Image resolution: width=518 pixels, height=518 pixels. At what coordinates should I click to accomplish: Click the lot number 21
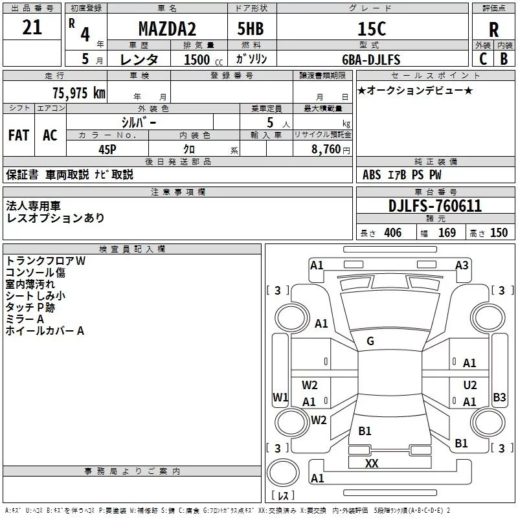(32, 28)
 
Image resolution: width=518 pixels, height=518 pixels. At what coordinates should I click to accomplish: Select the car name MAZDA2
(168, 29)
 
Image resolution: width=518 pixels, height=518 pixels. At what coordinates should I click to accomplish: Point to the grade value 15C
(371, 29)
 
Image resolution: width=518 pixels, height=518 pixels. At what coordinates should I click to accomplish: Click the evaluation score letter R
(494, 30)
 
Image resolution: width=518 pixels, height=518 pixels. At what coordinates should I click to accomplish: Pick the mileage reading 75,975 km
(78, 93)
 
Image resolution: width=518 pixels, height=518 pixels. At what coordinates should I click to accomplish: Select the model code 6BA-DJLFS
(371, 60)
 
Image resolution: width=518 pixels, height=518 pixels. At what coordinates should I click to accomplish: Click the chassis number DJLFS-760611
(435, 206)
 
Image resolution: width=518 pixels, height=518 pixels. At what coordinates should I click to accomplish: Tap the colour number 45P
(107, 148)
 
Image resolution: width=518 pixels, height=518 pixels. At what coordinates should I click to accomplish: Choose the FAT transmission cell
(19, 135)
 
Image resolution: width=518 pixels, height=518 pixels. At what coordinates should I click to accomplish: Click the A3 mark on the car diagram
(462, 265)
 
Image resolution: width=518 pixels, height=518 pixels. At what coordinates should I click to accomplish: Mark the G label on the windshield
(370, 341)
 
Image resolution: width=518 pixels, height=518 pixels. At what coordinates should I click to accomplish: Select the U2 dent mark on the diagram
(470, 385)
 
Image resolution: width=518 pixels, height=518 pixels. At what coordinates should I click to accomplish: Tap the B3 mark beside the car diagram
(499, 397)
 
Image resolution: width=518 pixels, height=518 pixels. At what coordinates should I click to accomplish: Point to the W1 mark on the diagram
(280, 397)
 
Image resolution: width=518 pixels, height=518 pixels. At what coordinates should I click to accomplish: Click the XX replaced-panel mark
(372, 464)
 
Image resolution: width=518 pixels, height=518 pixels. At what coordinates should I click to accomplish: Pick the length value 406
(392, 233)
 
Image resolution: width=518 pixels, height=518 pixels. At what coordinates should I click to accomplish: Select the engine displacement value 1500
(197, 60)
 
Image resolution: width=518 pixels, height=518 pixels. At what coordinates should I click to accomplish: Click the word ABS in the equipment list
(372, 175)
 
